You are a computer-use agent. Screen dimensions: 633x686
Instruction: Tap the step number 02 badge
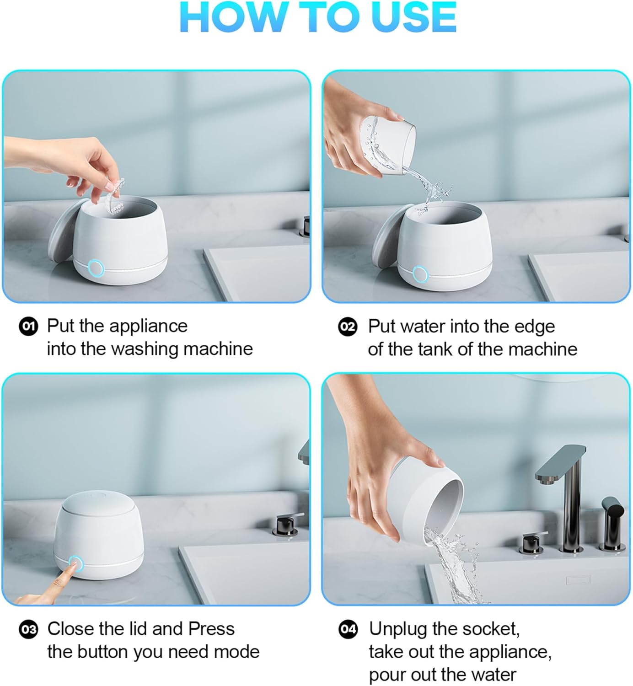pos(348,327)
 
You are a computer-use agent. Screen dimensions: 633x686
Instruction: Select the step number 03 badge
pos(28,629)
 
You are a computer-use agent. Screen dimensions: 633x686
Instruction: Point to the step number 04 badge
pos(348,629)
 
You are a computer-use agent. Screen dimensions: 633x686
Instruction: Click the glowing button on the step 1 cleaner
pos(96,268)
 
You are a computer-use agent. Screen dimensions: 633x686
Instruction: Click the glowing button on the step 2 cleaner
pos(420,274)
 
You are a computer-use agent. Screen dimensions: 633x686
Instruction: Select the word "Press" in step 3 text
pos(211,628)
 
